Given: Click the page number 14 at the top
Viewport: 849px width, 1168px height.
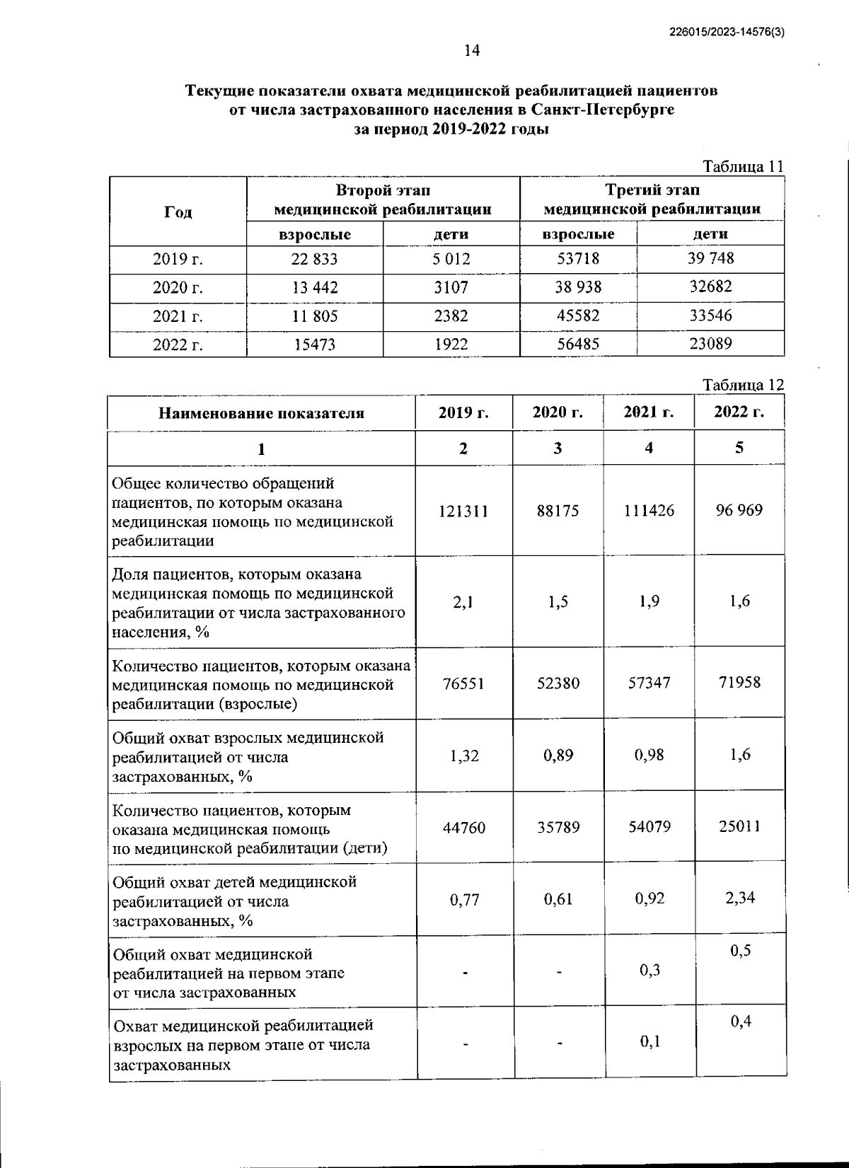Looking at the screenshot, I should click(x=471, y=50).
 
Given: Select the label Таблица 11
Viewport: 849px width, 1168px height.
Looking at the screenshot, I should click(x=743, y=167).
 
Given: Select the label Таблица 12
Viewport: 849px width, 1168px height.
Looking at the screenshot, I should click(x=743, y=385).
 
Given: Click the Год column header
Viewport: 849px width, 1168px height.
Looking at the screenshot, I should click(x=178, y=212).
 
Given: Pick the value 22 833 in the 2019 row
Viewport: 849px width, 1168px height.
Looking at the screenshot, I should click(x=314, y=259).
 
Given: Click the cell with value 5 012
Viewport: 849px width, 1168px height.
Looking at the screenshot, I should click(x=451, y=259).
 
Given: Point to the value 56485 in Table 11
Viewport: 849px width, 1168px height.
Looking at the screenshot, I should click(x=578, y=345).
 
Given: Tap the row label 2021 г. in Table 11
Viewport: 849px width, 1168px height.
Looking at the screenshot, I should click(x=178, y=316).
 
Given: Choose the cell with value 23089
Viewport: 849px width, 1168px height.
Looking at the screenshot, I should click(x=710, y=345).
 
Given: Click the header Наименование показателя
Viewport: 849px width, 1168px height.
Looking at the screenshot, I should click(x=261, y=413).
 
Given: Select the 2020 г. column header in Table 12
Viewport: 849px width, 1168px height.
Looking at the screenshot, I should click(x=558, y=412).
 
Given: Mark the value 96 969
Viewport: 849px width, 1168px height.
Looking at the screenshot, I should click(x=739, y=510).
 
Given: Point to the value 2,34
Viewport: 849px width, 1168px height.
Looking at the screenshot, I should click(x=739, y=898).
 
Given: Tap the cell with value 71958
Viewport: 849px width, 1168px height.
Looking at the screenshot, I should click(x=739, y=683).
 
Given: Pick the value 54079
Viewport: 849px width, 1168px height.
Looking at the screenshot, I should click(x=649, y=826).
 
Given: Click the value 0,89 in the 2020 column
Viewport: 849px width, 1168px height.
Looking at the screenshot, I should click(x=558, y=755).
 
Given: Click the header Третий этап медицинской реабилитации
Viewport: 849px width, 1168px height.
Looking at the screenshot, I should click(x=652, y=200).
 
